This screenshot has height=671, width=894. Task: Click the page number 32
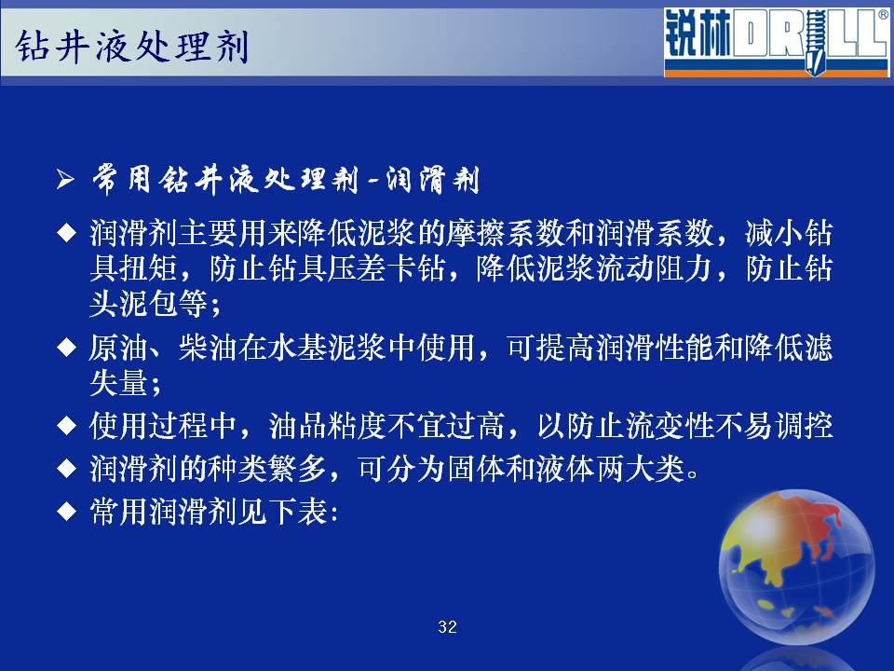point(448,626)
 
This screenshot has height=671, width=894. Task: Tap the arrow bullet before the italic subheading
point(65,180)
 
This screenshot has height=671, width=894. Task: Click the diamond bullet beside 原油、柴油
point(67,347)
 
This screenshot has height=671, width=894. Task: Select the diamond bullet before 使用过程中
point(67,426)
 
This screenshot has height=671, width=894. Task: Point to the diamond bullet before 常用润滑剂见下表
point(67,511)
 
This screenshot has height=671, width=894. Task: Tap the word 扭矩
point(149,268)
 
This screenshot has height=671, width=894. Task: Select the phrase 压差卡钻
point(386,268)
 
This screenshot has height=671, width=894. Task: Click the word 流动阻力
point(654,268)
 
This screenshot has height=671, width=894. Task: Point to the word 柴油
point(208,347)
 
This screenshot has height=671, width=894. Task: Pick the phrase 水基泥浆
point(327,347)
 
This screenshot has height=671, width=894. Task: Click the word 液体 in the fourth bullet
point(565,469)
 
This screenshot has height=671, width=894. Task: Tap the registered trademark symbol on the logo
point(883,15)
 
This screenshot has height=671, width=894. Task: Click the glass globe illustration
point(796,568)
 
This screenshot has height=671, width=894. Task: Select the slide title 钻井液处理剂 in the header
point(131,47)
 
